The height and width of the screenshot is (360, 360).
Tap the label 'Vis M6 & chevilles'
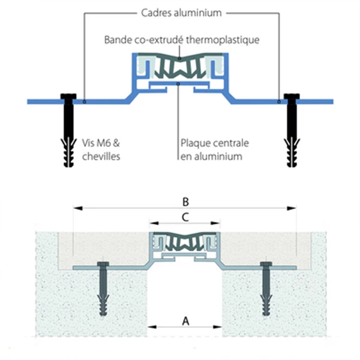pos(100,150)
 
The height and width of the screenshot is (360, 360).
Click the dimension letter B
pos(185,201)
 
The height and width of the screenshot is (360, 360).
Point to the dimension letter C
pos(185,218)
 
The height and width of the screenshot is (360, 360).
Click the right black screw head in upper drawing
pos(292,97)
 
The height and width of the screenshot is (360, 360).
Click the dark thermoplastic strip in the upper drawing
pos(178,68)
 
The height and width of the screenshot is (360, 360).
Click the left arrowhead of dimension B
pos(75,208)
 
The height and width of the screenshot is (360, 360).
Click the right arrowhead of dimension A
pos(218,328)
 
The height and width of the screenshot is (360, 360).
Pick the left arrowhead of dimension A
pos(150,328)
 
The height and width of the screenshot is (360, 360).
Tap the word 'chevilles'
pos(100,157)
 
